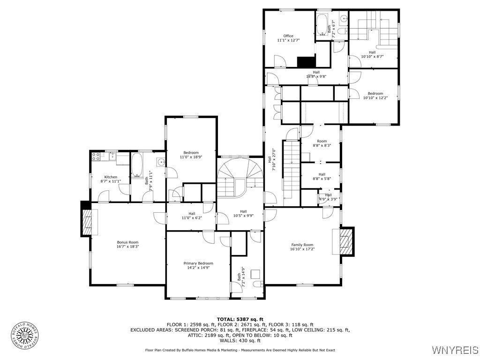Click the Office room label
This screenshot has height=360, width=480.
288,36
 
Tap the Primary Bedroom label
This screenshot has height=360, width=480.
198,263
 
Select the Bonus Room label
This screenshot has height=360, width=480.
127,242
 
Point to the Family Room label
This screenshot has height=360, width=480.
302,245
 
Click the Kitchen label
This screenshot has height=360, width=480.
111,177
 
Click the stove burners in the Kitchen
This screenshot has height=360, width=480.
96,157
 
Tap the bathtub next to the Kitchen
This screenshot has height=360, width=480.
137,165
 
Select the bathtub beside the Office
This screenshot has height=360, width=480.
322,24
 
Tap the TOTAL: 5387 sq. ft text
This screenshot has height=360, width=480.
240,319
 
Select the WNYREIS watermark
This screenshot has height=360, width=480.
455,350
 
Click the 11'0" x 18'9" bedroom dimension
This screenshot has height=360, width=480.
191,157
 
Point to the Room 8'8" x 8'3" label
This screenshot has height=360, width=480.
322,143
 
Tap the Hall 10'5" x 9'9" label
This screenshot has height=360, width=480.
243,213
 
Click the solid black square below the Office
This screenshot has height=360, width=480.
307,62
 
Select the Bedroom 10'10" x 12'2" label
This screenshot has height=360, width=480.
375,96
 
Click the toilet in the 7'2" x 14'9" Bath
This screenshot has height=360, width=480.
258,284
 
